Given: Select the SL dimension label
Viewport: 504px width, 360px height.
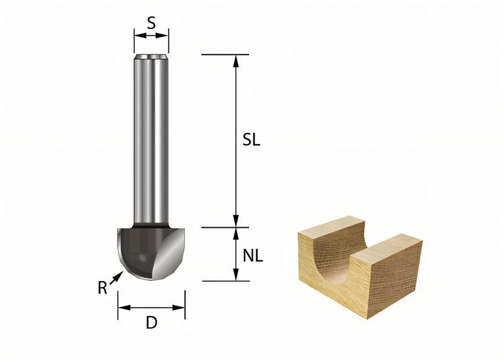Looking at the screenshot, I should coord(250,141).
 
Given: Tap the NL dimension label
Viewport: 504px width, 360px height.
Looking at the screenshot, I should coord(253,256).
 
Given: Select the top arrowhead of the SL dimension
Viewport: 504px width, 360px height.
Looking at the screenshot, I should coord(235,59).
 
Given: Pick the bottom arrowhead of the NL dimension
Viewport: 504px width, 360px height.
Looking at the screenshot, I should coord(235,276).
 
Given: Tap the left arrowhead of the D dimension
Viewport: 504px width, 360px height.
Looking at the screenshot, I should coord(122,307).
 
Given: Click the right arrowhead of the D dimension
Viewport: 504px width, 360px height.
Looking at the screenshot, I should coord(180,307).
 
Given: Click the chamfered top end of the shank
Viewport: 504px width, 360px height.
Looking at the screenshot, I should coord(151,56).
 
